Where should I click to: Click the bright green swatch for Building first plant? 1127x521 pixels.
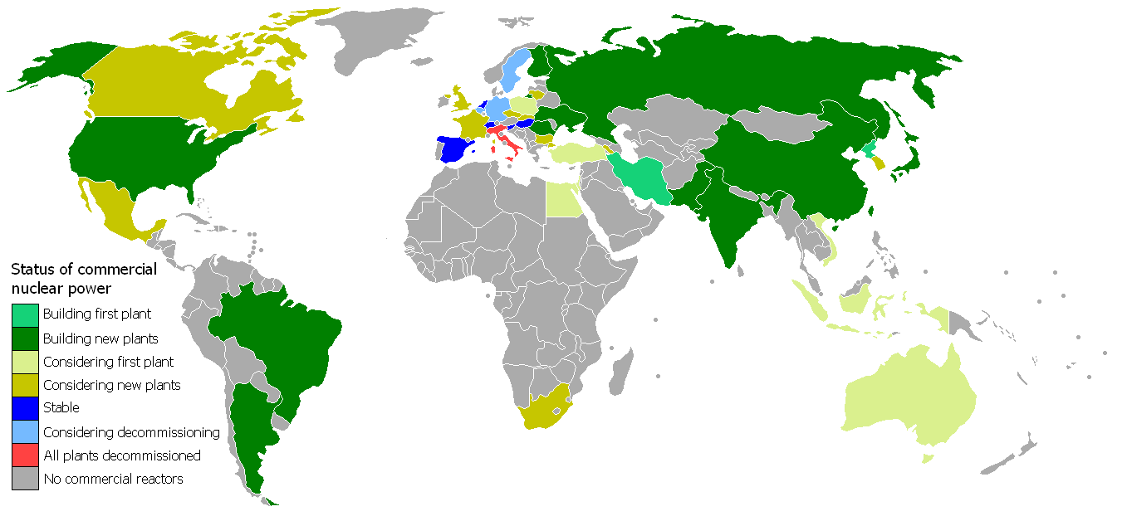(25, 315)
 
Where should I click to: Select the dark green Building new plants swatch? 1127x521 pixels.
(25, 338)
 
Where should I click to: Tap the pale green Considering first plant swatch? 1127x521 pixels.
(25, 362)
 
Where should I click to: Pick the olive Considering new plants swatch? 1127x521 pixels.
(25, 385)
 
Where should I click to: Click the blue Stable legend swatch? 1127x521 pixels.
(25, 408)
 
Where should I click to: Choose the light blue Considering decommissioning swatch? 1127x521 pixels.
(25, 431)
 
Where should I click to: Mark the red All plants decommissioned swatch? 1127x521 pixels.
(25, 455)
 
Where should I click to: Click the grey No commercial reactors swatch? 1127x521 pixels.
(25, 478)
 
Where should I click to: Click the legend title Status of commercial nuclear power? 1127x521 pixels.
(82, 279)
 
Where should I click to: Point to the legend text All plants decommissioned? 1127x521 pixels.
(121, 455)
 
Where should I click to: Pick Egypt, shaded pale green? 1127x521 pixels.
(565, 199)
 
